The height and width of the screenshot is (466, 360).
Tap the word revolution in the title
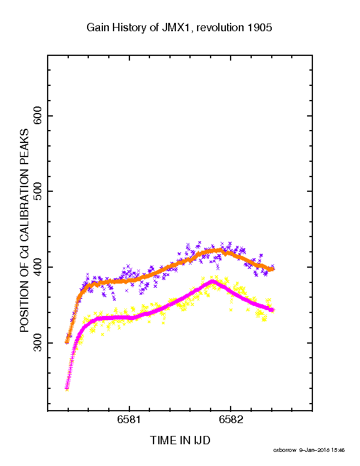(x=220, y=27)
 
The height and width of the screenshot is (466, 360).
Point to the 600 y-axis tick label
(x=38, y=115)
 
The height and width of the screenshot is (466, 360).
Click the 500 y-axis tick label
(x=38, y=191)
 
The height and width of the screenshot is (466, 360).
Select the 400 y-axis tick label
(x=38, y=267)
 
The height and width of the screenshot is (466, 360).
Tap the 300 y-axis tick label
(x=38, y=342)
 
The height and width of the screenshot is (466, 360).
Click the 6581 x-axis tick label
(x=129, y=420)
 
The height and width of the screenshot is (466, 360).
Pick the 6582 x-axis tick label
(x=231, y=420)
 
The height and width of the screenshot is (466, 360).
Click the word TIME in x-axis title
(x=164, y=441)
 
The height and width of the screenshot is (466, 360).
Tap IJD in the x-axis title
(x=202, y=441)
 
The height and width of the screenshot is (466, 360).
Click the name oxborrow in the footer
(x=285, y=450)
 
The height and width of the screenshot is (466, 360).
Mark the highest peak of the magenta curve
(x=213, y=281)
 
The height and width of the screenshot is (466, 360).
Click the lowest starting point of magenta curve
(x=67, y=388)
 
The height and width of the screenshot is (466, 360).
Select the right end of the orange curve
(x=272, y=269)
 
